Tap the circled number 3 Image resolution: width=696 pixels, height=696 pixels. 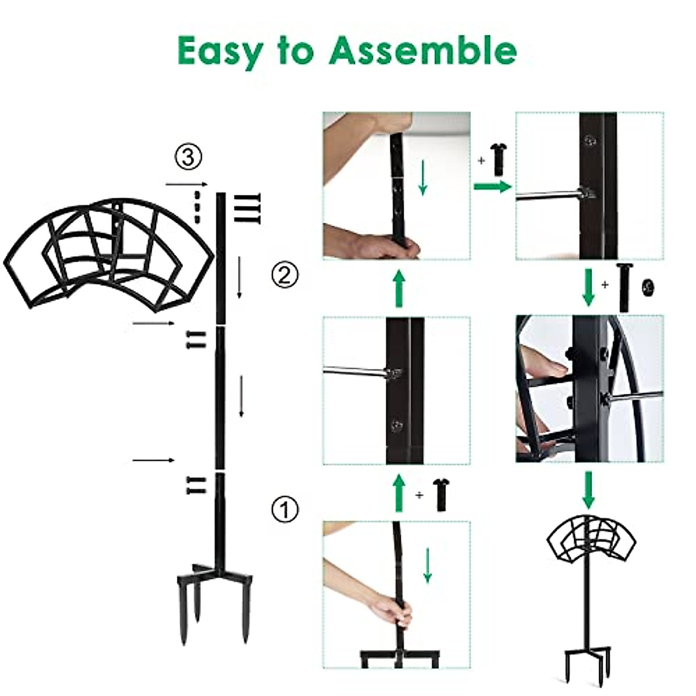188,157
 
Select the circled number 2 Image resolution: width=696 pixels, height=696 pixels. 285,274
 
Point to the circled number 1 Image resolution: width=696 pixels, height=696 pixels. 285,509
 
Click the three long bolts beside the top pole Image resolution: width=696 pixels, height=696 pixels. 247,208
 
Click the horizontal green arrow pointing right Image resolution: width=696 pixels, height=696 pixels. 491,186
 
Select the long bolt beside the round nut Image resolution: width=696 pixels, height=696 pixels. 623,287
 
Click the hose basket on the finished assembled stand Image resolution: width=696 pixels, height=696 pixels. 589,539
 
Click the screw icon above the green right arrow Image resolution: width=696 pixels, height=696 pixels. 498,159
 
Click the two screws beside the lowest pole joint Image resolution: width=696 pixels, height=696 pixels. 196,485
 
